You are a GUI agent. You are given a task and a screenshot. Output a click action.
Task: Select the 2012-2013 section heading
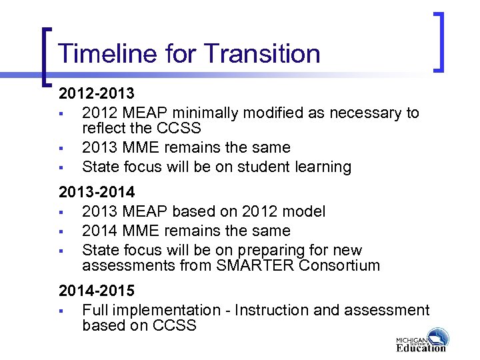pos(97,93)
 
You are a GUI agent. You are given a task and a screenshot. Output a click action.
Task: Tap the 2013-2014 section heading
pos(97,193)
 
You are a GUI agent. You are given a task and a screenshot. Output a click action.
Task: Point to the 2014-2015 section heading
pos(97,291)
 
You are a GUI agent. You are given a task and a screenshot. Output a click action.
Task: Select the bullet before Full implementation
pos(61,311)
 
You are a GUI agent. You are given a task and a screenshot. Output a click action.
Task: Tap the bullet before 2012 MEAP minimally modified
pos(61,113)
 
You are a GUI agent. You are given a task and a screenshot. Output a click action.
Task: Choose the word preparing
pos(241,251)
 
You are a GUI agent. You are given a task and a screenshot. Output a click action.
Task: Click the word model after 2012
pos(304,211)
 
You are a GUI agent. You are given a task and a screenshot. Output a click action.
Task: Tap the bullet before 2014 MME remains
pos(61,231)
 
